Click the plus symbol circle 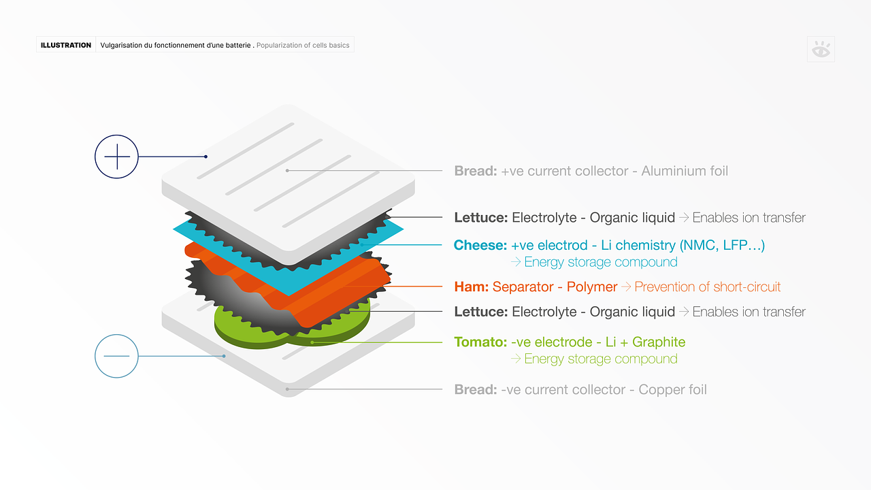click(116, 157)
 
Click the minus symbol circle click(116, 356)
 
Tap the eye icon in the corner click(821, 50)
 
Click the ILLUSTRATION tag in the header click(66, 46)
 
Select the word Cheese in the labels click(480, 245)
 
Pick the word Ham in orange click(471, 287)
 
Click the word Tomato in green click(480, 342)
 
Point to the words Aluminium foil click(685, 171)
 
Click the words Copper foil click(672, 389)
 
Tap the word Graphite click(659, 342)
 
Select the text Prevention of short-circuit click(707, 287)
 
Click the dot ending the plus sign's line click(206, 157)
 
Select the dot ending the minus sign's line click(224, 356)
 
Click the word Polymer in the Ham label click(592, 287)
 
